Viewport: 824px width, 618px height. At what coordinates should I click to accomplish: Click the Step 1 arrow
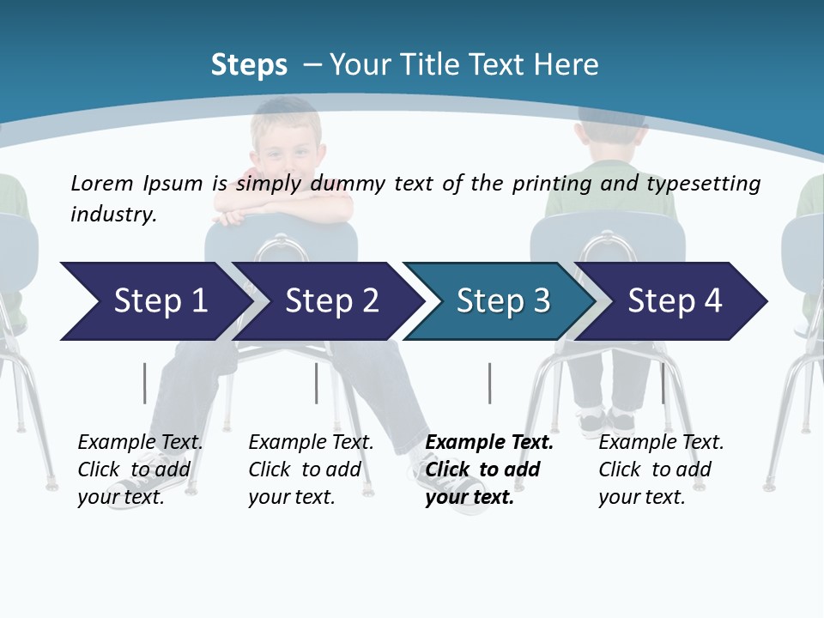pos(154,301)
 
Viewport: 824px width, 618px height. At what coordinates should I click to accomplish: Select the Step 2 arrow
pos(330,301)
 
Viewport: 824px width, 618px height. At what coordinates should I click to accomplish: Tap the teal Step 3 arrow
pos(502,301)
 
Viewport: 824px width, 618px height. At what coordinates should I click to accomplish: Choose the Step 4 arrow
pos(674,301)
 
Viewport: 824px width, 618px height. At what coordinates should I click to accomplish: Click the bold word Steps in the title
pos(249,65)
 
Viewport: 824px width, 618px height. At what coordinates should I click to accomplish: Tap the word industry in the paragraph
pos(112,214)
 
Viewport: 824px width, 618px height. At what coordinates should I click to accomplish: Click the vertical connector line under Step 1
pos(144,383)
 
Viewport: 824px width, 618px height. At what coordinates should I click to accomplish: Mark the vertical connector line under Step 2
pos(316,383)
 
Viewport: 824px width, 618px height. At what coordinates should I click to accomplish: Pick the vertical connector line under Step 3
pos(489,383)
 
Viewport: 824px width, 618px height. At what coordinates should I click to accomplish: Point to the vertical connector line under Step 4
pos(663,383)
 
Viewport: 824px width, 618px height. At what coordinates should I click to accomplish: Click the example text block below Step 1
pos(139,470)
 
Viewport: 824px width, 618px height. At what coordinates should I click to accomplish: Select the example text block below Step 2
pos(310,470)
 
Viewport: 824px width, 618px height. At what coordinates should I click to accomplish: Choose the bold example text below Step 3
pos(488,470)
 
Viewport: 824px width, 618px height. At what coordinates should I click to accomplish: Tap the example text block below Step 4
pos(660,470)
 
